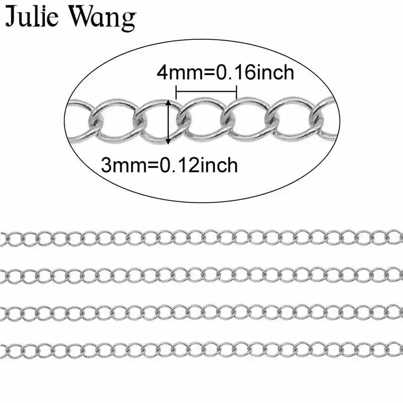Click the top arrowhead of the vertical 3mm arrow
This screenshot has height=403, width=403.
pyautogui.click(x=168, y=102)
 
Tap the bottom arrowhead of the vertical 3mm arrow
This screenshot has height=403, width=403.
pyautogui.click(x=168, y=141)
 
